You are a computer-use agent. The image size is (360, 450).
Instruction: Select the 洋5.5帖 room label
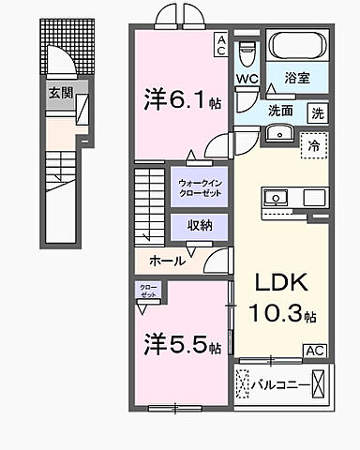click(x=182, y=345)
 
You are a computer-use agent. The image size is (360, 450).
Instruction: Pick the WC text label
click(x=247, y=79)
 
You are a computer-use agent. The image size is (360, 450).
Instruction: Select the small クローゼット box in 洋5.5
click(x=148, y=290)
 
